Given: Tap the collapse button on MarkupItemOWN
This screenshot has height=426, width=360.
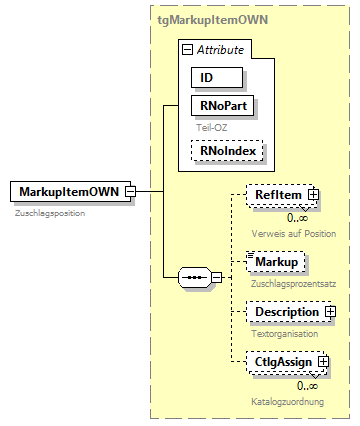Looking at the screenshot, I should (131, 191).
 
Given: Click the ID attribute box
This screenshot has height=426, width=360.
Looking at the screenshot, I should (218, 77).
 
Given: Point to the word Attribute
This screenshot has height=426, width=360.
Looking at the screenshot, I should (220, 50).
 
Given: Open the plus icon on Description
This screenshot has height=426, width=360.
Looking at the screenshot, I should (330, 312).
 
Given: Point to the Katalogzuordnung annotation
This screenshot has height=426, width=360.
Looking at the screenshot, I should (288, 401).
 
